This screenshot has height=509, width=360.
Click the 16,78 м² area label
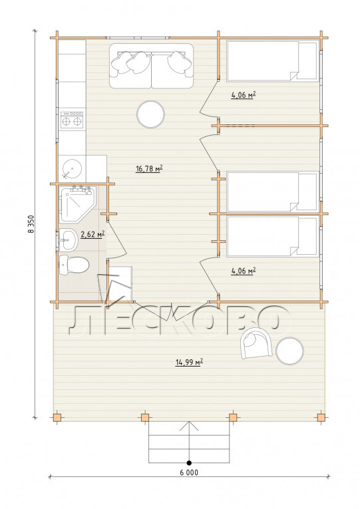[149, 168]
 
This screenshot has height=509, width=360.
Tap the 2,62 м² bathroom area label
[92, 234]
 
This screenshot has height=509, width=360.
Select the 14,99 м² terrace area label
[189, 362]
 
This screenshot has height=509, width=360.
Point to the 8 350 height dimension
[31, 224]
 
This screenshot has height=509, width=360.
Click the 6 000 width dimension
[189, 472]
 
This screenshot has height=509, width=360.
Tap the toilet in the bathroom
[74, 265]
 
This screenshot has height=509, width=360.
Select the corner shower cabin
[77, 204]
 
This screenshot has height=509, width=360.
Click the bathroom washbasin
[69, 240]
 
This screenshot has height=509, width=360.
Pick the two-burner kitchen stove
[72, 120]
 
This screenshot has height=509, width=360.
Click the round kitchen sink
[72, 168]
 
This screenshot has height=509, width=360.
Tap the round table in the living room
[150, 114]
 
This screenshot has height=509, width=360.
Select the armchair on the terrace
[256, 343]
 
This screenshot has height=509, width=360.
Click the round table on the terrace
[289, 351]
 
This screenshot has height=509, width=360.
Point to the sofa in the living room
[151, 66]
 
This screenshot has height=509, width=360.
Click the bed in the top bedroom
[272, 61]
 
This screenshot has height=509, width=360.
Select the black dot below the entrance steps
[189, 462]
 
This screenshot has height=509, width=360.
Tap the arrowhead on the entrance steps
[189, 426]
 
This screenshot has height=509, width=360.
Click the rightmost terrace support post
[321, 417]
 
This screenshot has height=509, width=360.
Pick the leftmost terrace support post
[57, 417]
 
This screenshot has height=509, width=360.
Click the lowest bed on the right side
[272, 236]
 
